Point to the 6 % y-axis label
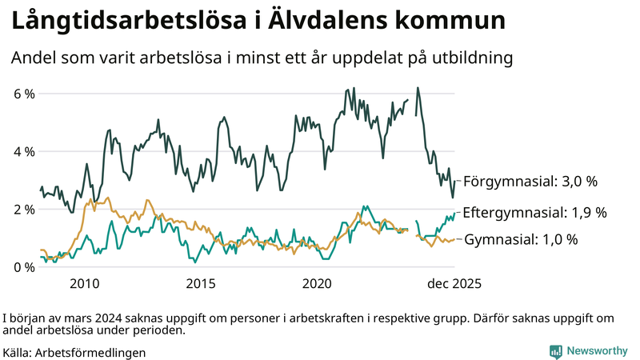click(24, 94)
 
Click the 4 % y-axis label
click(24, 151)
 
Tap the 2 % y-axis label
click(24, 210)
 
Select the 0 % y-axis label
click(24, 267)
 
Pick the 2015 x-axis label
click(201, 284)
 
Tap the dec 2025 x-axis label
click(452, 284)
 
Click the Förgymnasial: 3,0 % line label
click(530, 182)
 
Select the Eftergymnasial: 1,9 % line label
click(534, 213)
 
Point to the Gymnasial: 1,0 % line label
click(521, 239)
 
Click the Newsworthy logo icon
click(555, 351)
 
